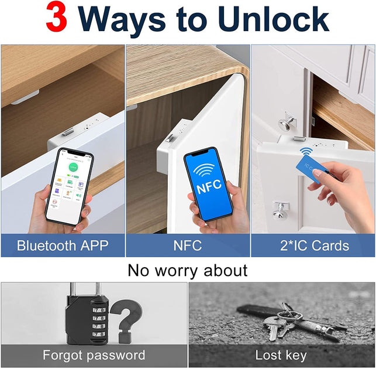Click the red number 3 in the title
57,19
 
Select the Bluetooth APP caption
63,246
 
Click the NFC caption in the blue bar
188,246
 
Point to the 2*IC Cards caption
313,246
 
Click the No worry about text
188,270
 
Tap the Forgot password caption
94,355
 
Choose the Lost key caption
281,355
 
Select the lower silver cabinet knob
280,207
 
